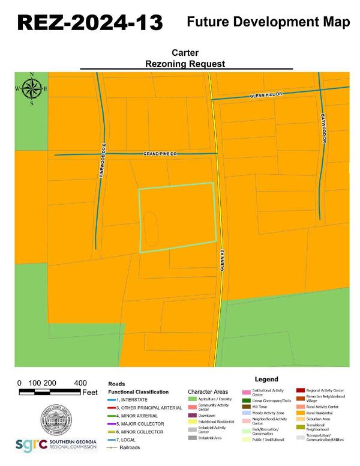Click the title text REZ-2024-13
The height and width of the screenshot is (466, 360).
coord(89,23)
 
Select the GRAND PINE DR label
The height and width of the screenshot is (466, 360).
coord(161,154)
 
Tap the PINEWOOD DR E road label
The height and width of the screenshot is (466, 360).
coord(103,160)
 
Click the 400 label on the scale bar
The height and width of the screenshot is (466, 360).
coord(79,383)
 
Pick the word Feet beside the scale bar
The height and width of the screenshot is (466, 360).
coord(90,392)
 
